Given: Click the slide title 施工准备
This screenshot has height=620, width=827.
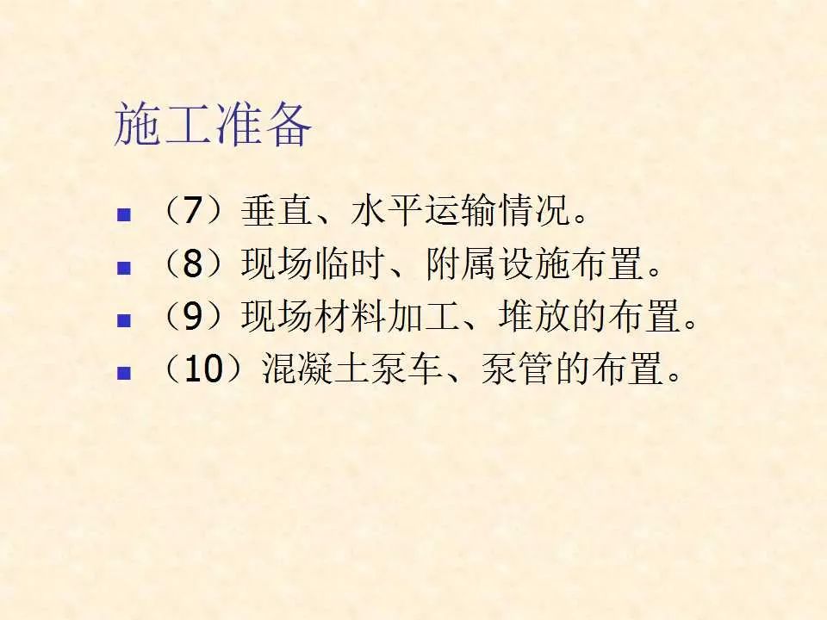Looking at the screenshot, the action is click(x=213, y=126).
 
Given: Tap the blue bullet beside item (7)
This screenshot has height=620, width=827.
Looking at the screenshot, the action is click(x=124, y=215).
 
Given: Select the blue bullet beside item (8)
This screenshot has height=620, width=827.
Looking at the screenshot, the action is click(x=124, y=268).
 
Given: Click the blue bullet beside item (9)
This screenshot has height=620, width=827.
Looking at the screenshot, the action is click(x=124, y=320).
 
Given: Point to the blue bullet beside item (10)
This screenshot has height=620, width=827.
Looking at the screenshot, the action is click(x=124, y=373).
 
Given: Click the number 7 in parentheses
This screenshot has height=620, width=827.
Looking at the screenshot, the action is click(x=193, y=210).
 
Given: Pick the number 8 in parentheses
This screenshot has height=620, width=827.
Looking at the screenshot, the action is click(x=193, y=263).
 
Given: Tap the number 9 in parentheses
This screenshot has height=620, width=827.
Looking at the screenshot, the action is click(x=193, y=316).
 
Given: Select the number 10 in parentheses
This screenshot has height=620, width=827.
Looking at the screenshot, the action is click(x=203, y=369).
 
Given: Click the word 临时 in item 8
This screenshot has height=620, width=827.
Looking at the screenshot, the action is click(x=351, y=263).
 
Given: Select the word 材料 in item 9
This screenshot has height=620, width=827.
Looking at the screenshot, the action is click(x=351, y=316).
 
